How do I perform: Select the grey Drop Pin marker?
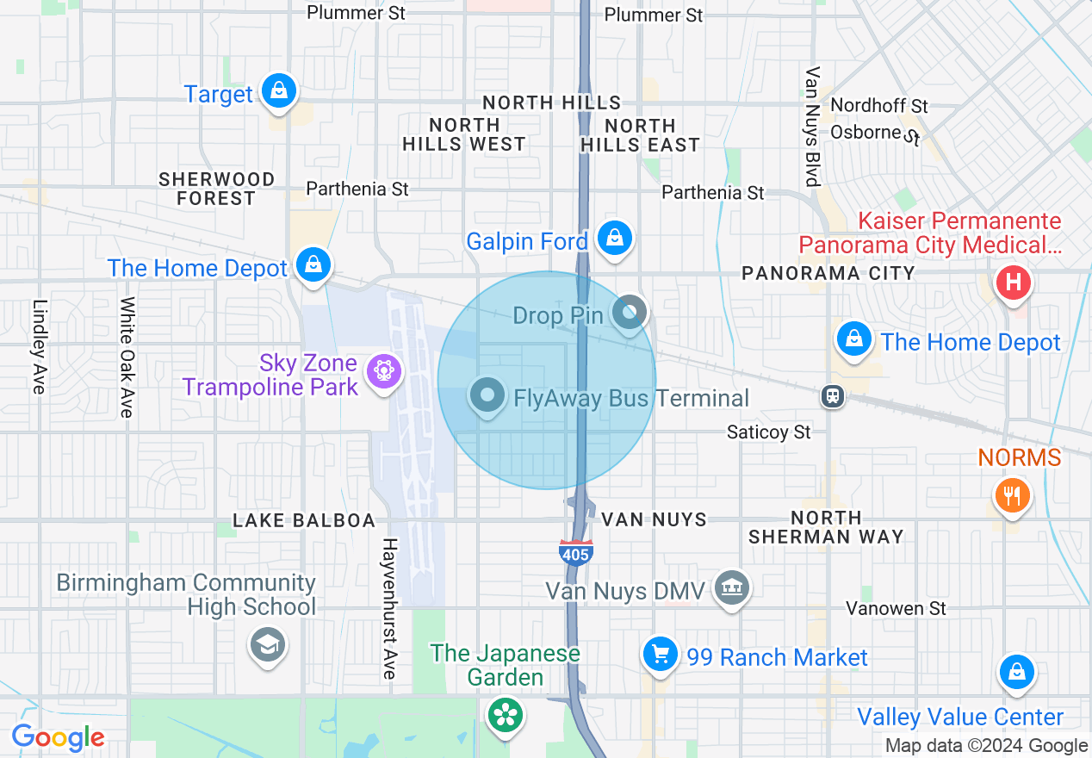pos(630,312)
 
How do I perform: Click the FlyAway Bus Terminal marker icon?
pos(487,396)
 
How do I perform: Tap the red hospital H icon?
pos(1013,282)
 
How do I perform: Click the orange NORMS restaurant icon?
pos(1012,496)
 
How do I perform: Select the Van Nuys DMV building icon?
pos(732,588)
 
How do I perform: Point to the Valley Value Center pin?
pos(1016,672)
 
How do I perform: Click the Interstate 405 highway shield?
pos(575,552)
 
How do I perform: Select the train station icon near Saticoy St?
pos(833,395)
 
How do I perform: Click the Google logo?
pos(58,737)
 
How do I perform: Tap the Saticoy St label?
pos(768,432)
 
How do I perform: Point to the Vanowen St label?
pos(896,609)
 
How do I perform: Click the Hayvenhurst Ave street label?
pos(389,608)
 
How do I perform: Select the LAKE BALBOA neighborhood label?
pos(304,520)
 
